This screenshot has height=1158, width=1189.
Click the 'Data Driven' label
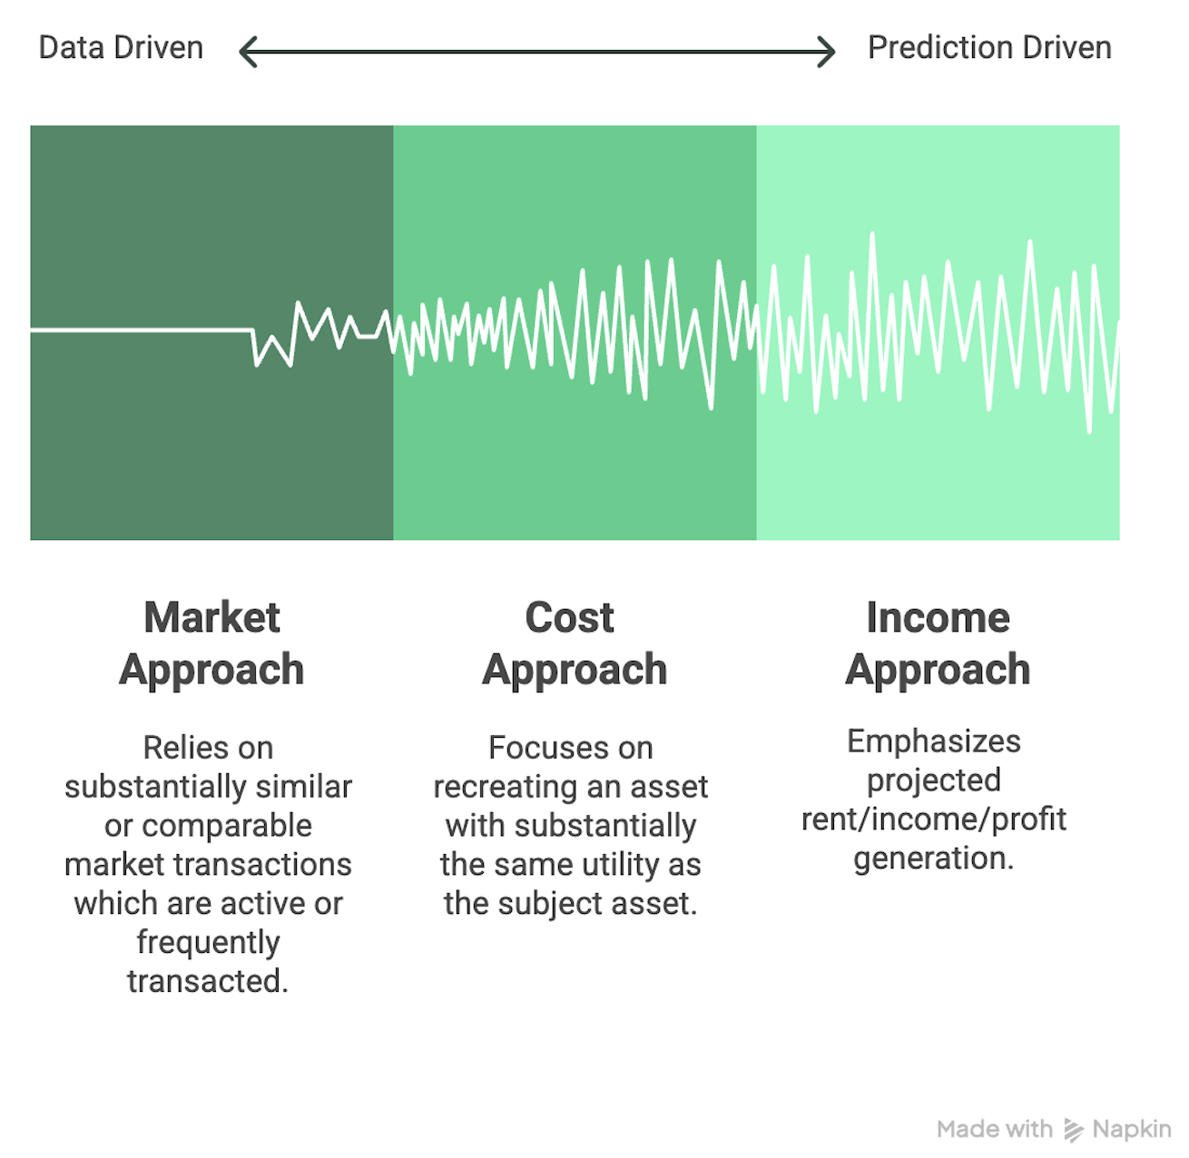click(121, 48)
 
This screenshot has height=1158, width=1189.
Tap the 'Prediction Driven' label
click(989, 48)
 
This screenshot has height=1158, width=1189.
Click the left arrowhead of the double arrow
click(248, 52)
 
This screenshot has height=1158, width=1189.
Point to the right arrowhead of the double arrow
click(826, 52)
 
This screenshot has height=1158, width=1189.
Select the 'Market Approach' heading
click(211, 644)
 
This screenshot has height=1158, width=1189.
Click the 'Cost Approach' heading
click(575, 644)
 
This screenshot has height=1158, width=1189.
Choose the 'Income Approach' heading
click(938, 644)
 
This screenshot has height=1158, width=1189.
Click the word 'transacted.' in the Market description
click(208, 980)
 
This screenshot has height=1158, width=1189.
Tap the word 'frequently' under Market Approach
click(209, 942)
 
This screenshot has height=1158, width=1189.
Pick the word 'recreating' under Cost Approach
click(496, 787)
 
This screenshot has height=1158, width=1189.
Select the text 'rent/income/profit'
click(934, 819)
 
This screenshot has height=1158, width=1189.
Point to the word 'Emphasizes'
click(934, 741)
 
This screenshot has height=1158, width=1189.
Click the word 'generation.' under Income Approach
click(934, 859)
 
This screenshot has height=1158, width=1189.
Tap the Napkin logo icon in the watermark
click(1073, 1130)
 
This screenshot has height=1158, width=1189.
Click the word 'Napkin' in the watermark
click(1132, 1129)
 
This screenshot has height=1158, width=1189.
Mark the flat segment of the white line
click(142, 330)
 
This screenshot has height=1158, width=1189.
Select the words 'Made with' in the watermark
click(995, 1129)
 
